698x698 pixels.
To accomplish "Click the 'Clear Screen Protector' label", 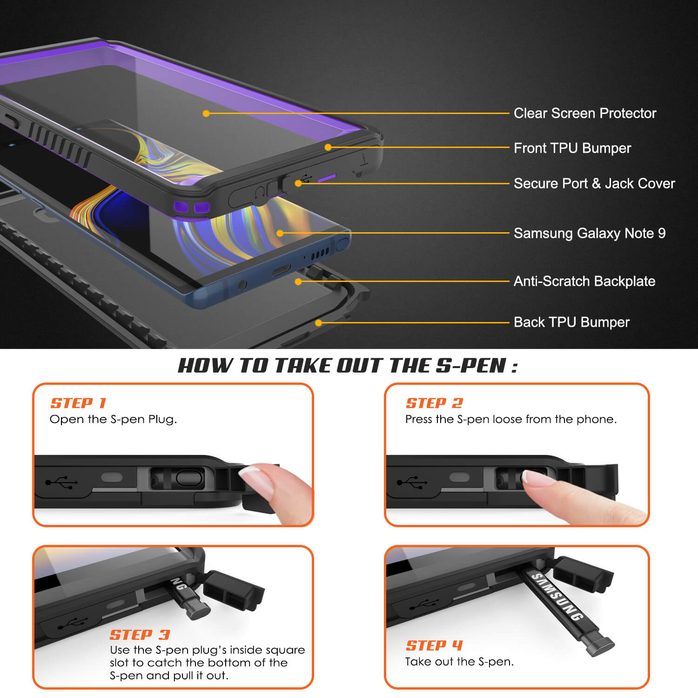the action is click(585, 113).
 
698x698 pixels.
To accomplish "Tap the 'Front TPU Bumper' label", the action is click(572, 148).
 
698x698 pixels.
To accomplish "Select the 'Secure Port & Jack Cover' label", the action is click(594, 183).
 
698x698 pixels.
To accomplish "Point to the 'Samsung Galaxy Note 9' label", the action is click(590, 233).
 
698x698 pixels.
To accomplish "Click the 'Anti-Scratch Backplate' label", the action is click(584, 281).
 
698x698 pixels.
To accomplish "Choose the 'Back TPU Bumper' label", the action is click(571, 322).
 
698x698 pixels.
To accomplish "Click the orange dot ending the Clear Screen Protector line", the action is click(206, 113).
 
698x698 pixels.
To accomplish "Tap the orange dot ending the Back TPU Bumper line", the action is click(319, 322).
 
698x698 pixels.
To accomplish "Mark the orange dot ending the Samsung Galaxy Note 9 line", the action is click(280, 233).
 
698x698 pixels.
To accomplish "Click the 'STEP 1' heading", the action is click(78, 403).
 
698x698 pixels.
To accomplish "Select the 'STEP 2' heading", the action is click(435, 403).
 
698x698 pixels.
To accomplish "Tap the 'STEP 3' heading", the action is click(140, 635).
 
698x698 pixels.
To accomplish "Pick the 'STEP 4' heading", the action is click(435, 645).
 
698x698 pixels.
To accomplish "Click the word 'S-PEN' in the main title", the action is click(471, 366).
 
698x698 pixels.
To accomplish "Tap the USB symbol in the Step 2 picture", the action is click(412, 482).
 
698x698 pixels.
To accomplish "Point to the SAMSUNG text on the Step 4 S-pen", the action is click(557, 597).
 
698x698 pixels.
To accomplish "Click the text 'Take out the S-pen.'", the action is click(459, 662).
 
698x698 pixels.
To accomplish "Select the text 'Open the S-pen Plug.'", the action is click(113, 419).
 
